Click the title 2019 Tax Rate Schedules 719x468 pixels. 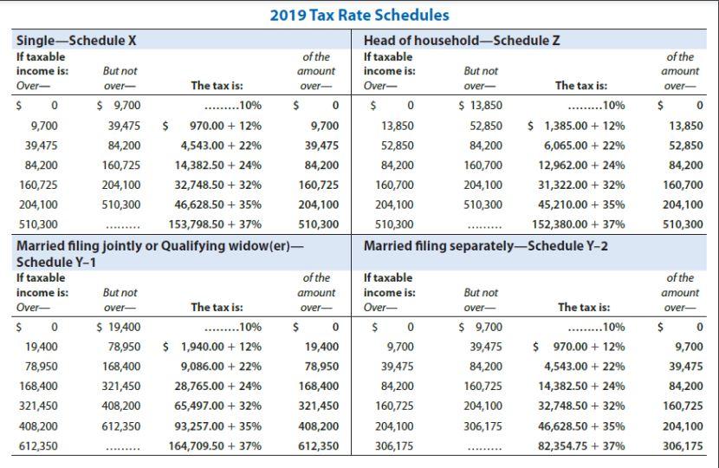point(359,16)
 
